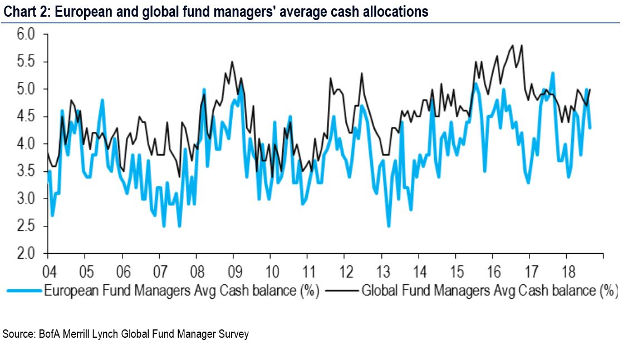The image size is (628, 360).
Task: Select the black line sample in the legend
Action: (x=341, y=290)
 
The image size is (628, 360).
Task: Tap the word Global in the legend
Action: (x=379, y=290)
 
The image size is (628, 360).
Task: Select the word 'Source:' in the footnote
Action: (x=19, y=334)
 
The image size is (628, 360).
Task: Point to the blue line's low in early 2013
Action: (x=388, y=226)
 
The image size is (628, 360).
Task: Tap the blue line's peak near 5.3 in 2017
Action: (x=552, y=73)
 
